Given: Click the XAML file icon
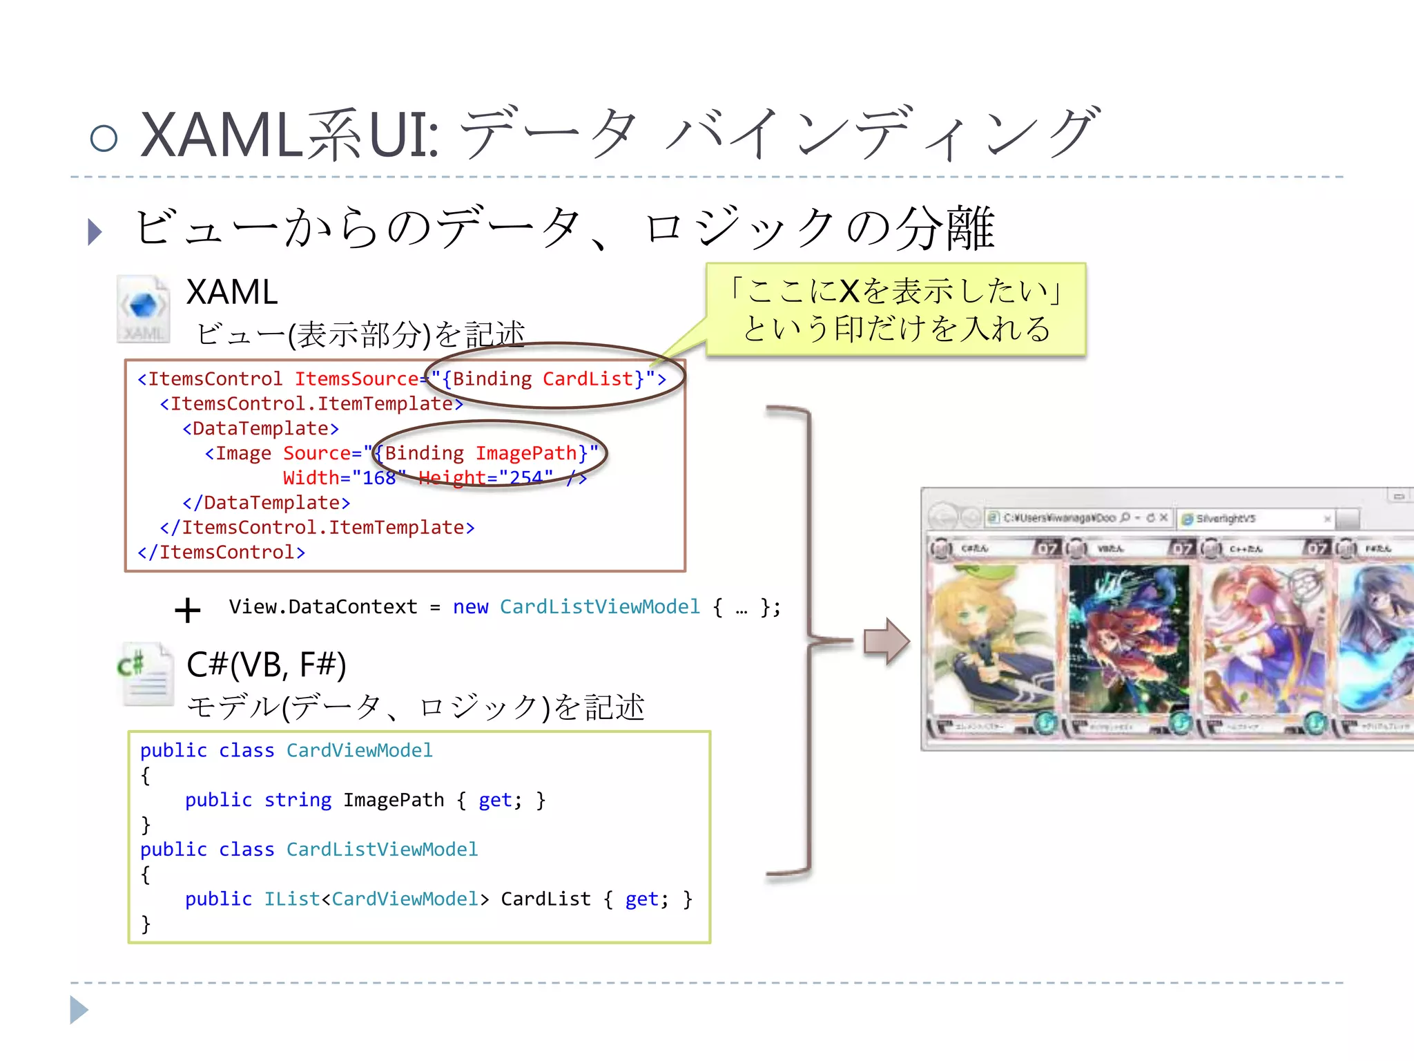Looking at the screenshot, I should click(x=143, y=309).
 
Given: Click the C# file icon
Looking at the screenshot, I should click(x=145, y=674).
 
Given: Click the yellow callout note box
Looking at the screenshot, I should click(x=895, y=309).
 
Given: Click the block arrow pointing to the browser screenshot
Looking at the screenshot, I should click(x=887, y=642).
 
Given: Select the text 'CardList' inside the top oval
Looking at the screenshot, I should click(x=587, y=379).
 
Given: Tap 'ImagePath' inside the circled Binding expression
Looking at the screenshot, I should click(x=525, y=453).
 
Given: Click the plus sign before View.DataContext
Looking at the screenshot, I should click(x=187, y=611).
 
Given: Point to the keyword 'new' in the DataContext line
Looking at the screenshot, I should click(x=470, y=607).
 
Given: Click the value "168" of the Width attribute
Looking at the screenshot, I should click(x=379, y=478).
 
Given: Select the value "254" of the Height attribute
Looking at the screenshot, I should click(x=526, y=478).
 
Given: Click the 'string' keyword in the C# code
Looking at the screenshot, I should click(x=298, y=800).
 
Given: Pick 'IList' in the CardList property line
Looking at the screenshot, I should click(x=292, y=899).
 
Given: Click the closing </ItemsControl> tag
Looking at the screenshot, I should click(x=221, y=553).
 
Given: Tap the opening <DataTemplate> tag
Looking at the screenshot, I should click(x=261, y=429).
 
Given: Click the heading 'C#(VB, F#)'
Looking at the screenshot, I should click(x=267, y=665).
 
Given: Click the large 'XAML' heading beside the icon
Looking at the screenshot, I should click(x=232, y=292).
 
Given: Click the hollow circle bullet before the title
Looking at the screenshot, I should click(x=104, y=138).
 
